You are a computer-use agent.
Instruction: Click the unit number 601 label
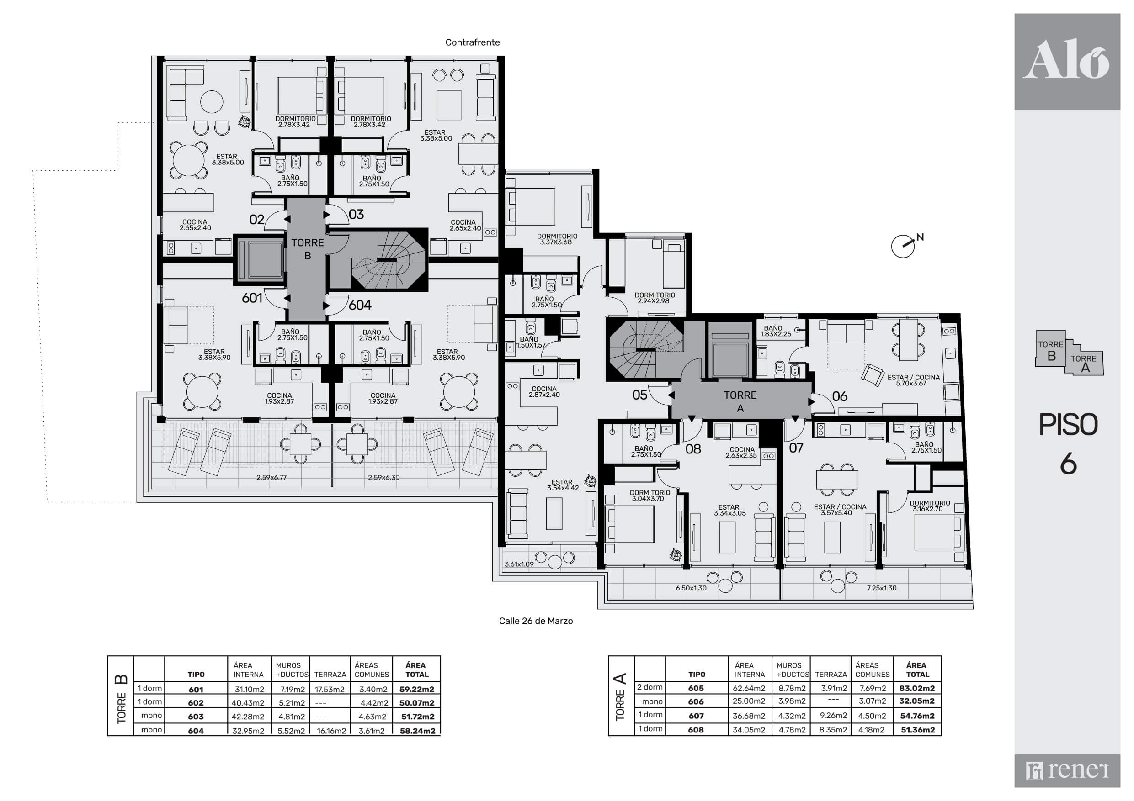click(252, 298)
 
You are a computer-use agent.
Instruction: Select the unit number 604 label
click(360, 306)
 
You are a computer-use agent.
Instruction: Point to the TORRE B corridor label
click(308, 249)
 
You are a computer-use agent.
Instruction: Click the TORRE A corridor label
click(740, 402)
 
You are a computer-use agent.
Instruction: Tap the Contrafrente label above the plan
click(473, 42)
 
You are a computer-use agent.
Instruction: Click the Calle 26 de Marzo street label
click(536, 621)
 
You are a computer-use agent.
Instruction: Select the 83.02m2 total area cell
click(917, 688)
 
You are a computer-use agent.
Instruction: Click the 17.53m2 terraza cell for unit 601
click(330, 690)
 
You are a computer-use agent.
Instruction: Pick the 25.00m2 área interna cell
click(749, 701)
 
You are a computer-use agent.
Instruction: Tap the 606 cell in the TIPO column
click(696, 701)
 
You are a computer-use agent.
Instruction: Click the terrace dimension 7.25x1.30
click(882, 588)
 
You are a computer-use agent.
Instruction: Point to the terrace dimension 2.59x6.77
click(272, 478)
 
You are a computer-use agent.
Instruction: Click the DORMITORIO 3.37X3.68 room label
click(557, 239)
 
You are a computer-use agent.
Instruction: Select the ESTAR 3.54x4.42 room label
click(563, 485)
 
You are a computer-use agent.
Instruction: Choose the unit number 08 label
click(693, 449)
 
